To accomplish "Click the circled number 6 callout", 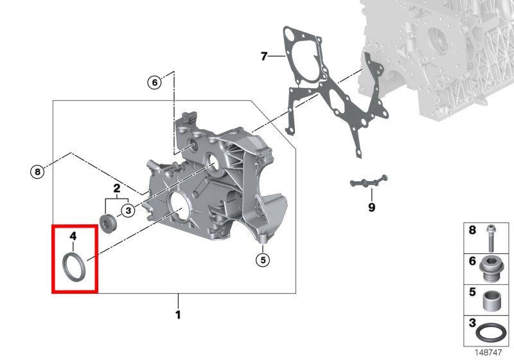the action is click(x=155, y=82).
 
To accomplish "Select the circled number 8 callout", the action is click(x=37, y=172).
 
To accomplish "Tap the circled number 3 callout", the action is click(x=128, y=210).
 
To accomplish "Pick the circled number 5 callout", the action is click(x=263, y=260).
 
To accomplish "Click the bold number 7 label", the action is click(x=264, y=56).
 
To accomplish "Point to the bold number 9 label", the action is click(x=371, y=207).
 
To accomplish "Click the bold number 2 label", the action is click(x=117, y=188).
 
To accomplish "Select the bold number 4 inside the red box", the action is click(x=73, y=236).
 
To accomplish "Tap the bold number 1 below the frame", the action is click(x=178, y=315).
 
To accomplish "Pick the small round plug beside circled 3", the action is click(x=108, y=224).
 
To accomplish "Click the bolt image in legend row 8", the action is click(x=491, y=239).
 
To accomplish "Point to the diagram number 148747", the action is click(x=488, y=352).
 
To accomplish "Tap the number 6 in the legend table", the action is click(x=472, y=261).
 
